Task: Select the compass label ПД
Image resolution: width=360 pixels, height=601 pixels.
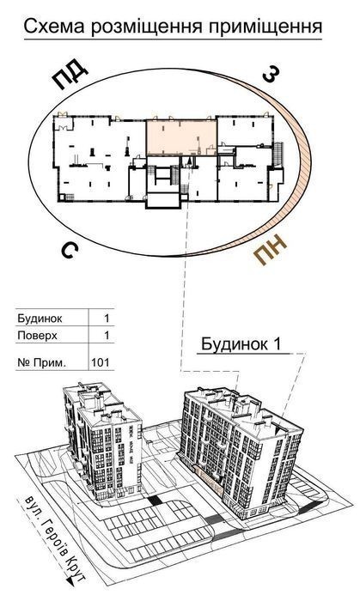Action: coord(70,75)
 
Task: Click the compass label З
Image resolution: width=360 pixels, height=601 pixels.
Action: coord(271,73)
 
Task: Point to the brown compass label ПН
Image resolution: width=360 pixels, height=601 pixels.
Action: coord(270,250)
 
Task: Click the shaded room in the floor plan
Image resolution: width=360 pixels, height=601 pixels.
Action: coord(181,137)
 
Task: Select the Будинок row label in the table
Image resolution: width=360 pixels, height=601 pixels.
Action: coord(40,319)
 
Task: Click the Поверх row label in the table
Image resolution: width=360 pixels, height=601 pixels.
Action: coord(37,336)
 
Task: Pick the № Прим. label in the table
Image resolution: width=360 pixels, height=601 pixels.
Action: coord(42,362)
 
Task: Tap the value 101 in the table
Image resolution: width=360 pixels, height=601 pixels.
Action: coord(101,362)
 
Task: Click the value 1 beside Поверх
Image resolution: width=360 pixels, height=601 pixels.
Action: coord(107,336)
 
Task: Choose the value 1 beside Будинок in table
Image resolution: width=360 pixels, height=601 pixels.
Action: coord(107,319)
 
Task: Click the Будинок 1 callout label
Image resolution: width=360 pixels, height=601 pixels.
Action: coord(241,344)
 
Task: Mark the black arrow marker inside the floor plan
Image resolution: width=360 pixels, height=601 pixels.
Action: coord(189,162)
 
